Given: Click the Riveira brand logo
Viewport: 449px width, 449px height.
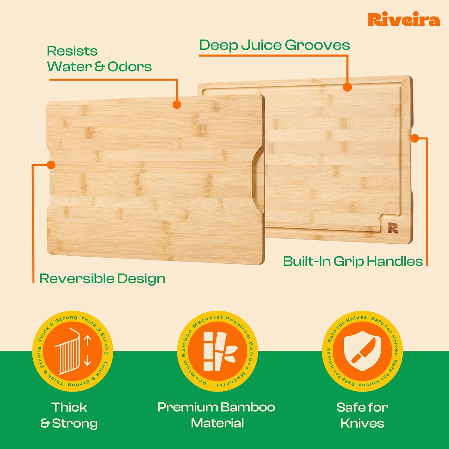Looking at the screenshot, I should click(x=404, y=20).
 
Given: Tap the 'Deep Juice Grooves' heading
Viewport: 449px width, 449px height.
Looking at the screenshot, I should click(x=274, y=45).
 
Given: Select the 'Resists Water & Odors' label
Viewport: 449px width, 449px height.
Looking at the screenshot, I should click(x=99, y=59).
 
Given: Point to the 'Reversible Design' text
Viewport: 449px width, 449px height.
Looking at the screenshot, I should click(x=102, y=278).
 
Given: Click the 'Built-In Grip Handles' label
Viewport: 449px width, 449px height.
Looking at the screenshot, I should click(x=353, y=261).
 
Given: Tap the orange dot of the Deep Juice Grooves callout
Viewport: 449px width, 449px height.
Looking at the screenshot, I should click(x=347, y=87).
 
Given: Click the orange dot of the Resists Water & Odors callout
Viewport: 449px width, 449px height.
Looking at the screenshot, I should click(x=177, y=104).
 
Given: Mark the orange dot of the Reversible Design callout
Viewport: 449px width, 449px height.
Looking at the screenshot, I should click(x=51, y=165).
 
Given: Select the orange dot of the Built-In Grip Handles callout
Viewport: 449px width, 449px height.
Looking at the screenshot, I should click(x=415, y=138).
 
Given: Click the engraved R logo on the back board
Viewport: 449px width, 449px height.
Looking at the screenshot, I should click(x=393, y=228).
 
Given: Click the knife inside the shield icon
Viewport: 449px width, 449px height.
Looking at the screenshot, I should click(x=363, y=350).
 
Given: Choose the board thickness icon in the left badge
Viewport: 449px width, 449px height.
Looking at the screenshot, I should click(x=68, y=351).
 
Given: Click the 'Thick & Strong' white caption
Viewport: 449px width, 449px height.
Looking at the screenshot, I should click(x=69, y=415).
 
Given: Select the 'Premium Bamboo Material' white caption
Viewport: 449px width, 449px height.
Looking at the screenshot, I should click(x=216, y=415).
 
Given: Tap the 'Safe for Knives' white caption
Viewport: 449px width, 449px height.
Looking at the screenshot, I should click(x=362, y=415).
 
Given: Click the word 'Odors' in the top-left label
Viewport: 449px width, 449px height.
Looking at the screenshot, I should click(x=130, y=67).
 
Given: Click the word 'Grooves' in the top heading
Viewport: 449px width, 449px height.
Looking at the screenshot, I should click(x=317, y=45).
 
